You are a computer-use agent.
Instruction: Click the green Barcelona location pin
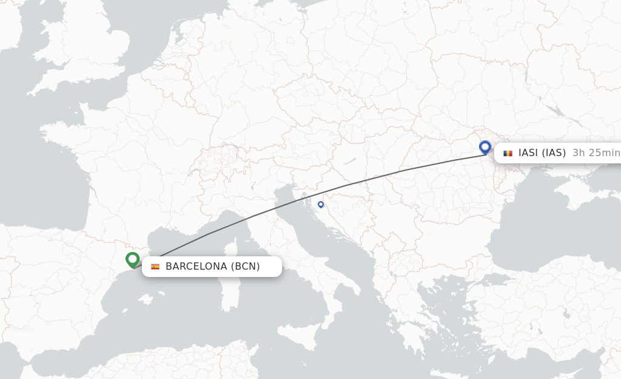pyautogui.click(x=132, y=259)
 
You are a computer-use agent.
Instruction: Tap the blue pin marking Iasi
pyautogui.click(x=485, y=147)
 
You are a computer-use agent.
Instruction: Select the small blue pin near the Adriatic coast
pyautogui.click(x=321, y=204)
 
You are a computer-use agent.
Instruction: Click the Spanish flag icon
pyautogui.click(x=155, y=267)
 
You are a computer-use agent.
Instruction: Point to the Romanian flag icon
pyautogui.click(x=508, y=153)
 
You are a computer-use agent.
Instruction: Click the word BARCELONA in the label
pyautogui.click(x=196, y=267)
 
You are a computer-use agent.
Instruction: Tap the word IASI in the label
pyautogui.click(x=528, y=153)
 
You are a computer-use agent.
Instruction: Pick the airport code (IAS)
pyautogui.click(x=553, y=153)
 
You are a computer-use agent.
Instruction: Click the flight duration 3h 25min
pyautogui.click(x=596, y=153)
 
